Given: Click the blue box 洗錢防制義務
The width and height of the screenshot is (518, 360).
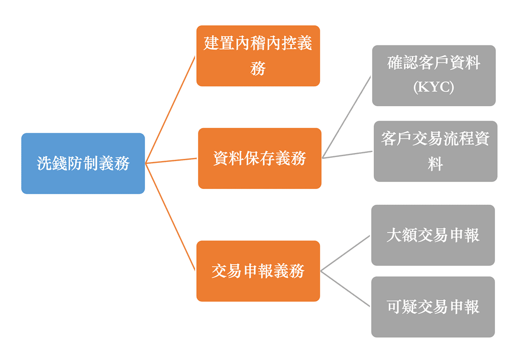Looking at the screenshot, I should [83, 163].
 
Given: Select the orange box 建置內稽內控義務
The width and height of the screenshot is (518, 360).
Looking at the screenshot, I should [258, 56].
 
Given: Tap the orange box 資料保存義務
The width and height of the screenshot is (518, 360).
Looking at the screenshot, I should [259, 158].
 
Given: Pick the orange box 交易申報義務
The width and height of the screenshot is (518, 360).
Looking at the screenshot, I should [258, 271].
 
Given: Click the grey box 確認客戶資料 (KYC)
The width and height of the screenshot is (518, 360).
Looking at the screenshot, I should [433, 76].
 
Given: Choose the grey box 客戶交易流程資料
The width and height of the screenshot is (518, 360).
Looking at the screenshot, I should [435, 151].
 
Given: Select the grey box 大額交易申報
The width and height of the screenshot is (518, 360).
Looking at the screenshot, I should [433, 235].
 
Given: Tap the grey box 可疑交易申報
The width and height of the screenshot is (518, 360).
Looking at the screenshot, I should [433, 307].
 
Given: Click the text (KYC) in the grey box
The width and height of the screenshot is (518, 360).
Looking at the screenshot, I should [433, 87].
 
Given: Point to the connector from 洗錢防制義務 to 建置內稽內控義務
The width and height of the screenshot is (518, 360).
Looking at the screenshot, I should [170, 110].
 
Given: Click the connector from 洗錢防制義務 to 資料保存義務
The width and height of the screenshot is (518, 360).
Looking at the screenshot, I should [171, 161].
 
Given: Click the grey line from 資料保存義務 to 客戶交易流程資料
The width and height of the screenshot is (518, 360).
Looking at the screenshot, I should [347, 155].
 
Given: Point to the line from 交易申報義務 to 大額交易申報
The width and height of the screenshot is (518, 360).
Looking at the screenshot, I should [345, 253].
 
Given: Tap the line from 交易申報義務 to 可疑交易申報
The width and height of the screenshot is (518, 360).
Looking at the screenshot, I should [345, 289].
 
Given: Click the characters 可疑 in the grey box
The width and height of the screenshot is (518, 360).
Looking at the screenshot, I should [402, 307].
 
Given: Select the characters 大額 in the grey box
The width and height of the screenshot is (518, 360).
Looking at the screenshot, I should [401, 235].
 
